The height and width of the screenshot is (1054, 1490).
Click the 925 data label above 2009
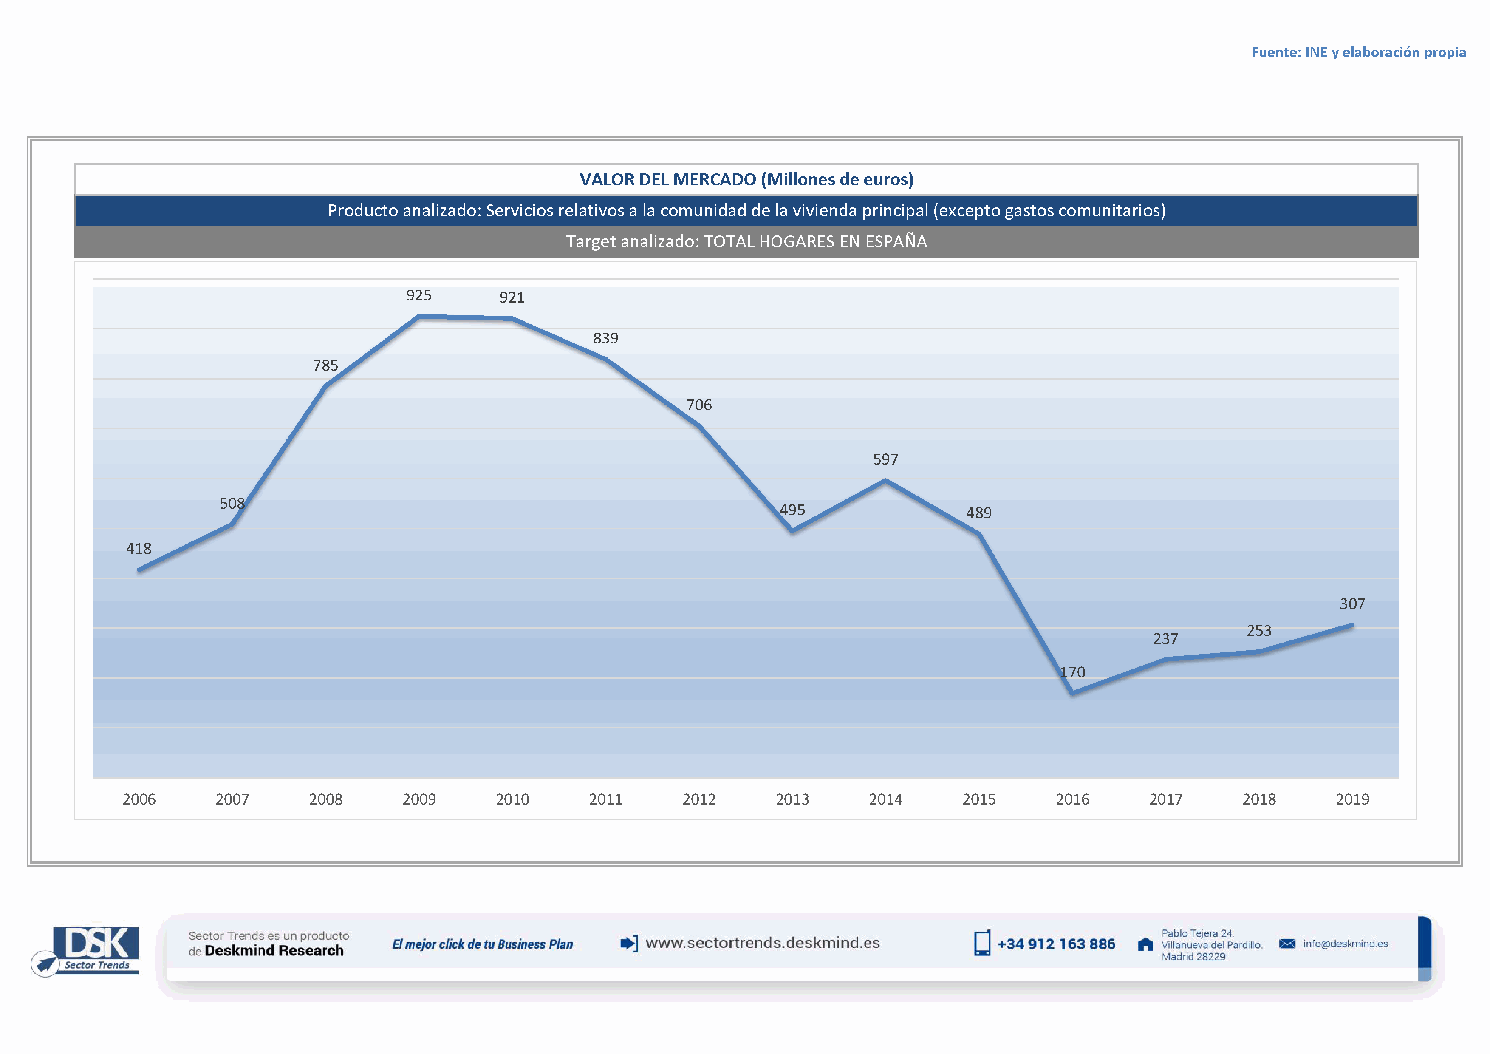[x=418, y=295]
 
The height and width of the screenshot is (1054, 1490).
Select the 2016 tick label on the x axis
[x=1072, y=799]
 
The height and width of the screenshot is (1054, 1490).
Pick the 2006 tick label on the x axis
[x=139, y=799]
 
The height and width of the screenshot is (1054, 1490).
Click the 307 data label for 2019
[x=1352, y=603]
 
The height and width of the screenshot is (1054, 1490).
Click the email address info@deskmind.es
[x=1345, y=943]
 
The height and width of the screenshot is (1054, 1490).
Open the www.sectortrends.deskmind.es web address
[x=763, y=943]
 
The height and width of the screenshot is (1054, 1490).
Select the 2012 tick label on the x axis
[x=699, y=799]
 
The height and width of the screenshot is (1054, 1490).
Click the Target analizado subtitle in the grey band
[x=746, y=241]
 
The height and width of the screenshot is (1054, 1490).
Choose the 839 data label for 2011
[x=605, y=338]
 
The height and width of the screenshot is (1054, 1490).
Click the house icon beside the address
[x=1145, y=944]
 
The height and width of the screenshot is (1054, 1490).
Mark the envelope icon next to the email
[x=1287, y=943]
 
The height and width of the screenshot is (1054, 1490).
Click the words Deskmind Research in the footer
[x=274, y=951]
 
